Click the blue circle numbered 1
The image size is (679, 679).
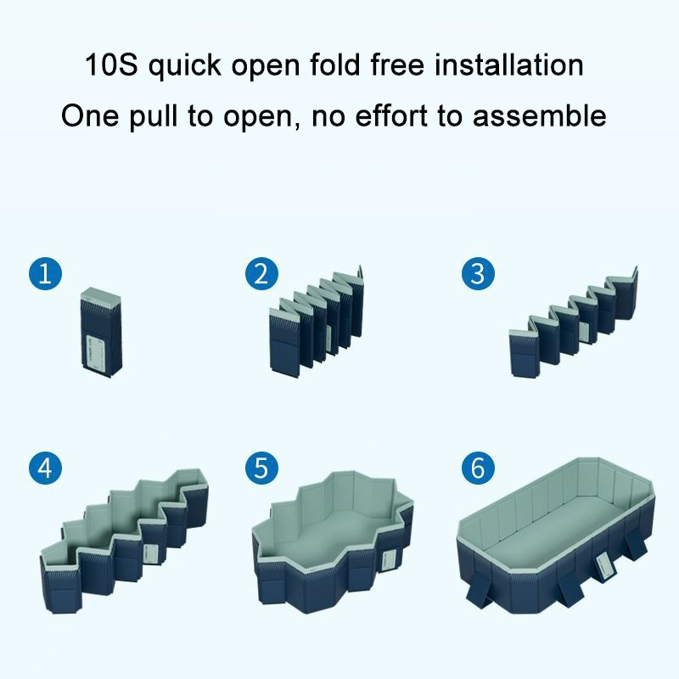click(46, 274)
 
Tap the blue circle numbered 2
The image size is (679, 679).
click(261, 274)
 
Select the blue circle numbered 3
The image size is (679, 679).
click(478, 274)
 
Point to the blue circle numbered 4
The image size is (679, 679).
click(46, 469)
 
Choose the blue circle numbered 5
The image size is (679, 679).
click(261, 469)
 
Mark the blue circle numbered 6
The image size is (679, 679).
click(478, 469)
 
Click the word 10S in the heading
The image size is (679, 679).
click(111, 65)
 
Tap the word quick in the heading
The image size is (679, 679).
click(185, 67)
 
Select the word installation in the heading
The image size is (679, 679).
click(509, 65)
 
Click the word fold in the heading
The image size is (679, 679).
click(335, 65)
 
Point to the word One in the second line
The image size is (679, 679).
click(90, 115)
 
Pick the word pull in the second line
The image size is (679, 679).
click(154, 116)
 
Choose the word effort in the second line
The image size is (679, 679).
click(390, 115)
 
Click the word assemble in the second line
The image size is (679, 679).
click(539, 115)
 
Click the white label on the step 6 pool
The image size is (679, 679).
click(604, 565)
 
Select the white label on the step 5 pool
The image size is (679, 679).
click(390, 562)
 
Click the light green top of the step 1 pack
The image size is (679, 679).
click(100, 295)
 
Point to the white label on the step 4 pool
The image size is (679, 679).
click(151, 554)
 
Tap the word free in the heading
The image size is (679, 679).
click(397, 65)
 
